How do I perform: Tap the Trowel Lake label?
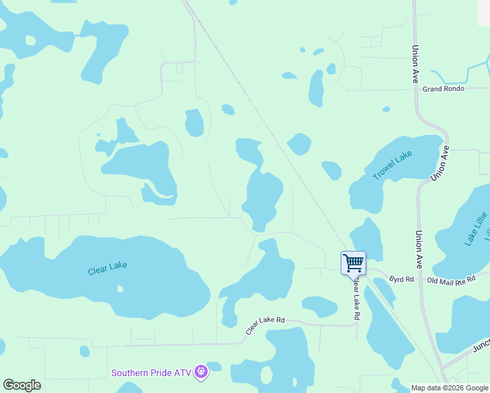point(392,165)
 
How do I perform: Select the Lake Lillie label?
point(476,229)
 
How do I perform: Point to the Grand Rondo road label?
point(443,89)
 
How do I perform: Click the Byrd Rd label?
point(402,279)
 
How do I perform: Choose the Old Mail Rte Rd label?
point(450,280)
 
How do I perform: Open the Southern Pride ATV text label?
point(151,373)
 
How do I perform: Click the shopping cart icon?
point(353,263)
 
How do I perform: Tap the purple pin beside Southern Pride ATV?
point(201,372)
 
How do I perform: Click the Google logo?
point(22,385)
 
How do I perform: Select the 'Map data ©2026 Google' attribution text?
point(449,388)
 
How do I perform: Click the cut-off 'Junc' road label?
point(481,345)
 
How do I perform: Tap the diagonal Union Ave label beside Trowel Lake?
point(440,164)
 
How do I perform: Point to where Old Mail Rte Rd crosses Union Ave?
point(420,280)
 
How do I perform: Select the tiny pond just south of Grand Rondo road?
point(386,109)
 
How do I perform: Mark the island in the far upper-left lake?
point(29,39)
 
